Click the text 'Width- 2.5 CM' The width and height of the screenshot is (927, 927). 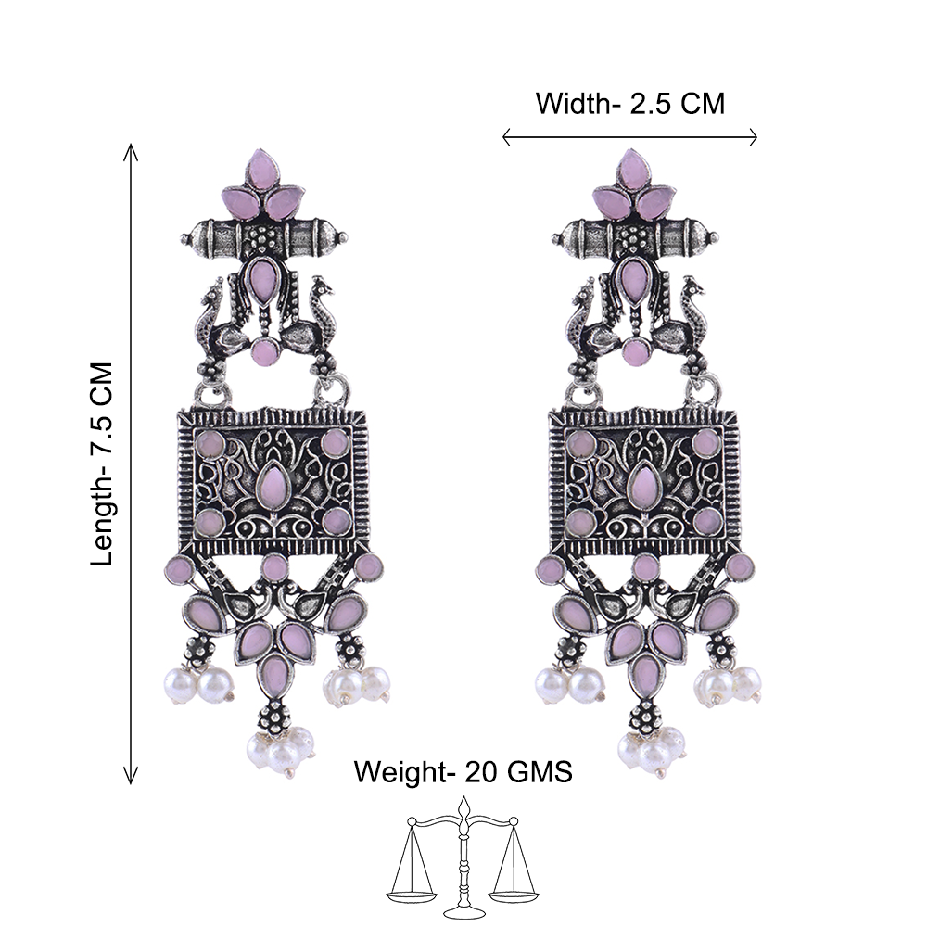(x=629, y=104)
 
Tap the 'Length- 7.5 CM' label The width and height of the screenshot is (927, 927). (x=101, y=463)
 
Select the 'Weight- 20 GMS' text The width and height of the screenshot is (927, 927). (x=463, y=771)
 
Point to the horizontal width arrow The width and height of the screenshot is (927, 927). (x=629, y=137)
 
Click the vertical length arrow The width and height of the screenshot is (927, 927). (x=130, y=463)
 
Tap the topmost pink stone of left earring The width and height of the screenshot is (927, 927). (x=263, y=169)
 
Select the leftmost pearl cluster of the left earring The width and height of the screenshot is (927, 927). (x=198, y=683)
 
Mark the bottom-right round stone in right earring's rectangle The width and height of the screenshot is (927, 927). (x=707, y=521)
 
